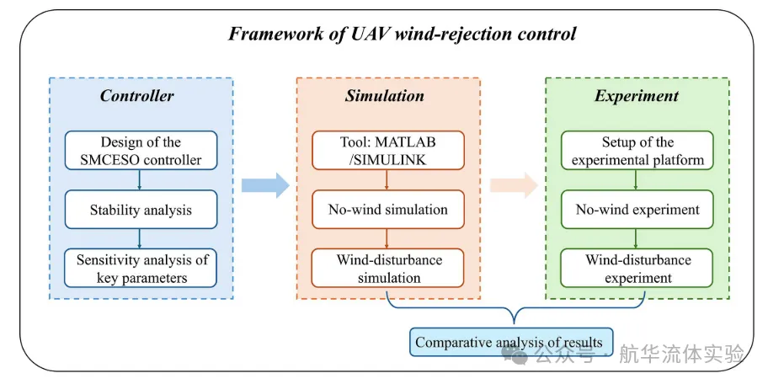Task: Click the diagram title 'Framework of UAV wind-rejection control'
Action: (402, 35)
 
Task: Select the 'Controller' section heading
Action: (136, 95)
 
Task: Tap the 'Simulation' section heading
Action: (385, 95)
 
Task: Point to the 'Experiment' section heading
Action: (637, 95)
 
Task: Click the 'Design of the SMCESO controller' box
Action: (141, 151)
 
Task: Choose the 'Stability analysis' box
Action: (141, 209)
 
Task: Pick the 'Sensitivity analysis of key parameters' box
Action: (141, 268)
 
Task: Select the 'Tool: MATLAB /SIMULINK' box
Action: (388, 151)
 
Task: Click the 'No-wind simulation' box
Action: (388, 209)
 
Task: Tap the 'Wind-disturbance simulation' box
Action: (388, 268)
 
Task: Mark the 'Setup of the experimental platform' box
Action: (637, 151)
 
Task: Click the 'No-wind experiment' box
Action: (637, 209)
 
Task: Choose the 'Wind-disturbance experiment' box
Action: (637, 268)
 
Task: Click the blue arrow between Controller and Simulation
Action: (266, 185)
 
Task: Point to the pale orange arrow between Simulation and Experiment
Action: (515, 185)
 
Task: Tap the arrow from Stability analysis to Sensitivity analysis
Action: (140, 238)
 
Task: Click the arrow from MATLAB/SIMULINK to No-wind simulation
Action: (387, 179)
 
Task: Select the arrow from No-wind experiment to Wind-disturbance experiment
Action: (636, 238)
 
